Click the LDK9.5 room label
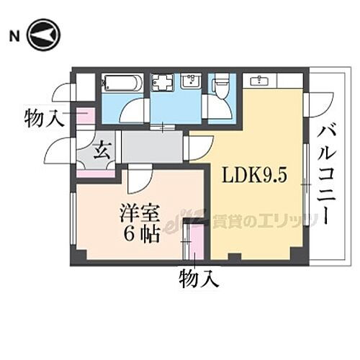(250, 176)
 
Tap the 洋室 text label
(140, 215)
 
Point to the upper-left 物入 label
(42, 117)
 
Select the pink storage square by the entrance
(85, 116)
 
